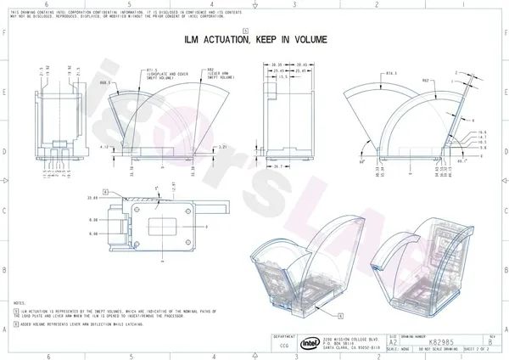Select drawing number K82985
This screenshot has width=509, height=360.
tap(448, 340)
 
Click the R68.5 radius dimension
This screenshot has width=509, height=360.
tap(105, 84)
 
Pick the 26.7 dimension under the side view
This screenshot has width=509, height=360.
tap(277, 167)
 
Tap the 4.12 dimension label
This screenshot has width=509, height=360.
tap(104, 147)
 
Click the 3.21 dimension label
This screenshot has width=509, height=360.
tap(223, 147)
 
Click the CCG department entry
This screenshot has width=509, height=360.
tap(285, 345)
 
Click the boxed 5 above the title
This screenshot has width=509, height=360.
tap(245, 30)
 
